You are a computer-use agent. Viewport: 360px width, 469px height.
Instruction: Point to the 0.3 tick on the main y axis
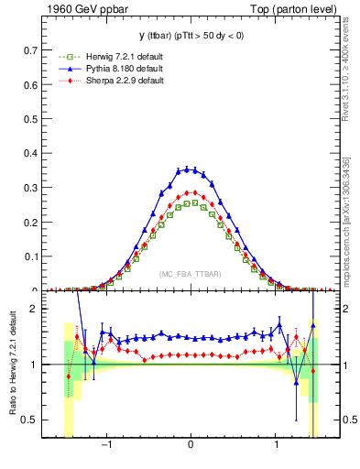[49, 189]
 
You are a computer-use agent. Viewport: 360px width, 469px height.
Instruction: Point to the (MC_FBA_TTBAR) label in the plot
[190, 274]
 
